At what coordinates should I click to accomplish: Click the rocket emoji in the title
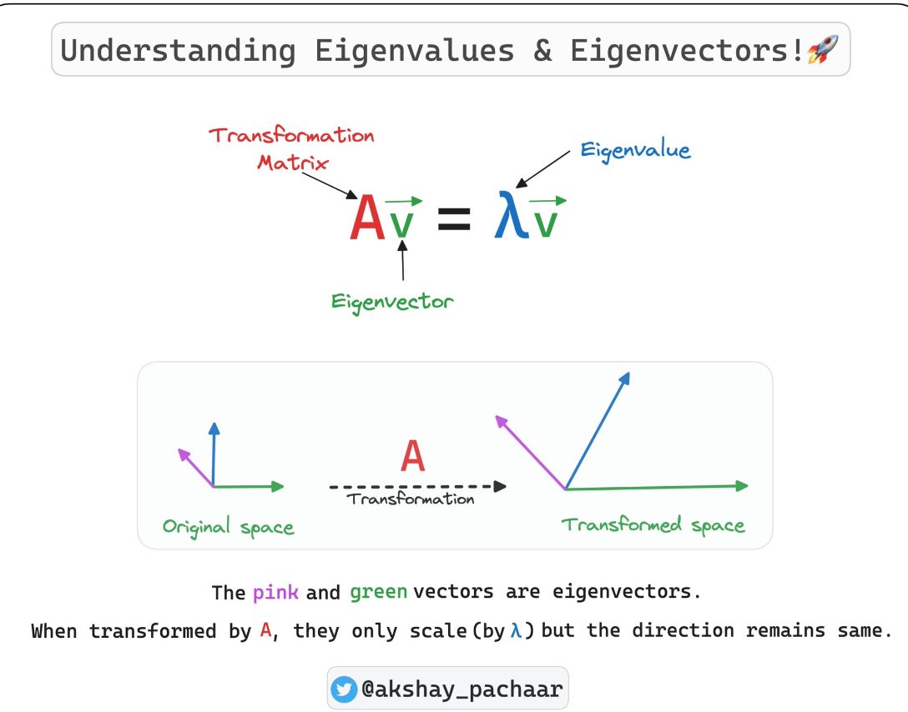click(822, 48)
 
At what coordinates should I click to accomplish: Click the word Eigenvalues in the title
click(414, 50)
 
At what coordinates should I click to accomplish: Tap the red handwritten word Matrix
click(292, 162)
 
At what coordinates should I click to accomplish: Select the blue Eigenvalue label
click(635, 150)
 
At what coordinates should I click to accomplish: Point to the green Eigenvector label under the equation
click(392, 302)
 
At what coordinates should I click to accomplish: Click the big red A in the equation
click(367, 218)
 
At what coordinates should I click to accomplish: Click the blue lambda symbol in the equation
click(512, 214)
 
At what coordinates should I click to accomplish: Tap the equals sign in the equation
click(454, 219)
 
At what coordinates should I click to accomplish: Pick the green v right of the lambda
click(546, 222)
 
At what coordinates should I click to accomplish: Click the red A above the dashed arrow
click(413, 456)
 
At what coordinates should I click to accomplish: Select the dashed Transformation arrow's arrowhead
click(500, 486)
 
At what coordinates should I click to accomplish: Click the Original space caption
click(228, 527)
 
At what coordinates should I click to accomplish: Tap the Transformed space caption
click(653, 525)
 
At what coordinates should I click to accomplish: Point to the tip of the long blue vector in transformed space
click(629, 373)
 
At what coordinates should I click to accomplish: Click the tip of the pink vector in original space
click(179, 449)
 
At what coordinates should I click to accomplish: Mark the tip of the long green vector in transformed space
click(748, 486)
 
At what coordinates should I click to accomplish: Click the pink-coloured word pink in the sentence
click(275, 592)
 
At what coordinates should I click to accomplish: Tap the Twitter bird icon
click(344, 689)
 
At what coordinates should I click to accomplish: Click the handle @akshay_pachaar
click(462, 689)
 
